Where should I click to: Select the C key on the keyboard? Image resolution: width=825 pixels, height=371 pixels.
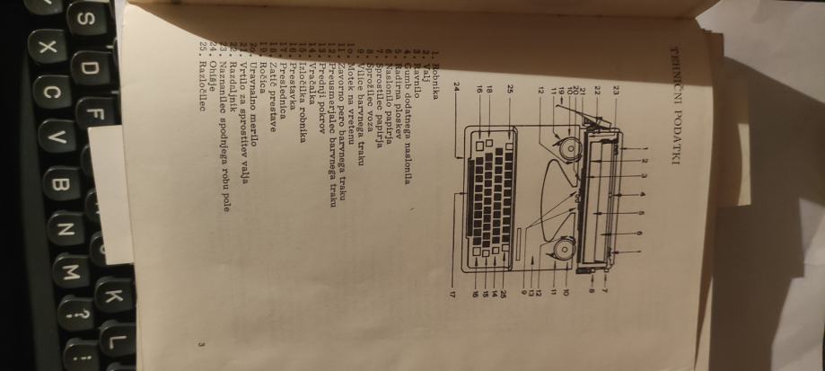click(53, 93)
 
